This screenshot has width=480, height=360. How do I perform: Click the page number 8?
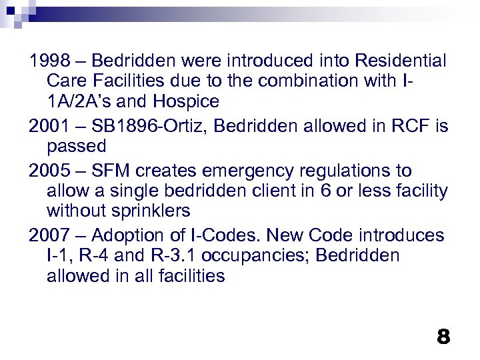pos(443,336)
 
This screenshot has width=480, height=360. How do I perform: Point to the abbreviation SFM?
pos(109,170)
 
